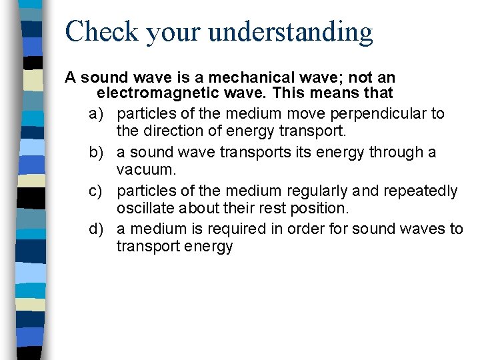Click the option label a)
(x=98, y=113)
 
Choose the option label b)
(x=98, y=152)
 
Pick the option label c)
(x=98, y=191)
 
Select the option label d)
(x=98, y=229)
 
